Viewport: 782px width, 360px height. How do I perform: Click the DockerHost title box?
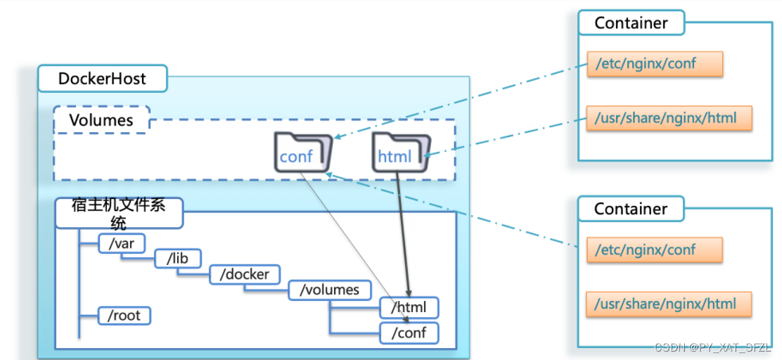pyautogui.click(x=102, y=79)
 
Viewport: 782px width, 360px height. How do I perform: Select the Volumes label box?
pyautogui.click(x=101, y=120)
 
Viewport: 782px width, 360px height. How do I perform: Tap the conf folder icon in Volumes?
pyautogui.click(x=302, y=152)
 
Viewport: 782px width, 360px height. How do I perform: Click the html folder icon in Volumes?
pyautogui.click(x=399, y=152)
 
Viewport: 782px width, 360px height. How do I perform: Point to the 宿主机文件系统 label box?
pyautogui.click(x=119, y=213)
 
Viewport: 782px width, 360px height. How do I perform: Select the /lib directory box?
pyautogui.click(x=177, y=259)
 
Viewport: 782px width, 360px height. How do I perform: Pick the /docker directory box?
pyautogui.click(x=244, y=274)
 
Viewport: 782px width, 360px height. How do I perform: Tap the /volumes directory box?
pyautogui.click(x=329, y=290)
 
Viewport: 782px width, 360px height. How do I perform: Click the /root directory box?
pyautogui.click(x=124, y=315)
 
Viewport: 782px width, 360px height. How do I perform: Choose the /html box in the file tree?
pyautogui.click(x=409, y=307)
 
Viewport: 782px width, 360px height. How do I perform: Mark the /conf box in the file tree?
pyautogui.click(x=409, y=332)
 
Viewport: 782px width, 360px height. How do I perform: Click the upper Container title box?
pyautogui.click(x=631, y=22)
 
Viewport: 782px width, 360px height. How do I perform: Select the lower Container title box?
pyautogui.click(x=631, y=209)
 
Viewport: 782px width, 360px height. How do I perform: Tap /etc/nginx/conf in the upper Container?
pyautogui.click(x=655, y=64)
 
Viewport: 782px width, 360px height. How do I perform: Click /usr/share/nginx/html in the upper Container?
pyautogui.click(x=669, y=117)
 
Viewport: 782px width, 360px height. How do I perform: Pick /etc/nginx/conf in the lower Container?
pyautogui.click(x=655, y=250)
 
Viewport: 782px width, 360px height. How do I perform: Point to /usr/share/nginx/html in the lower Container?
pyautogui.click(x=669, y=304)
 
